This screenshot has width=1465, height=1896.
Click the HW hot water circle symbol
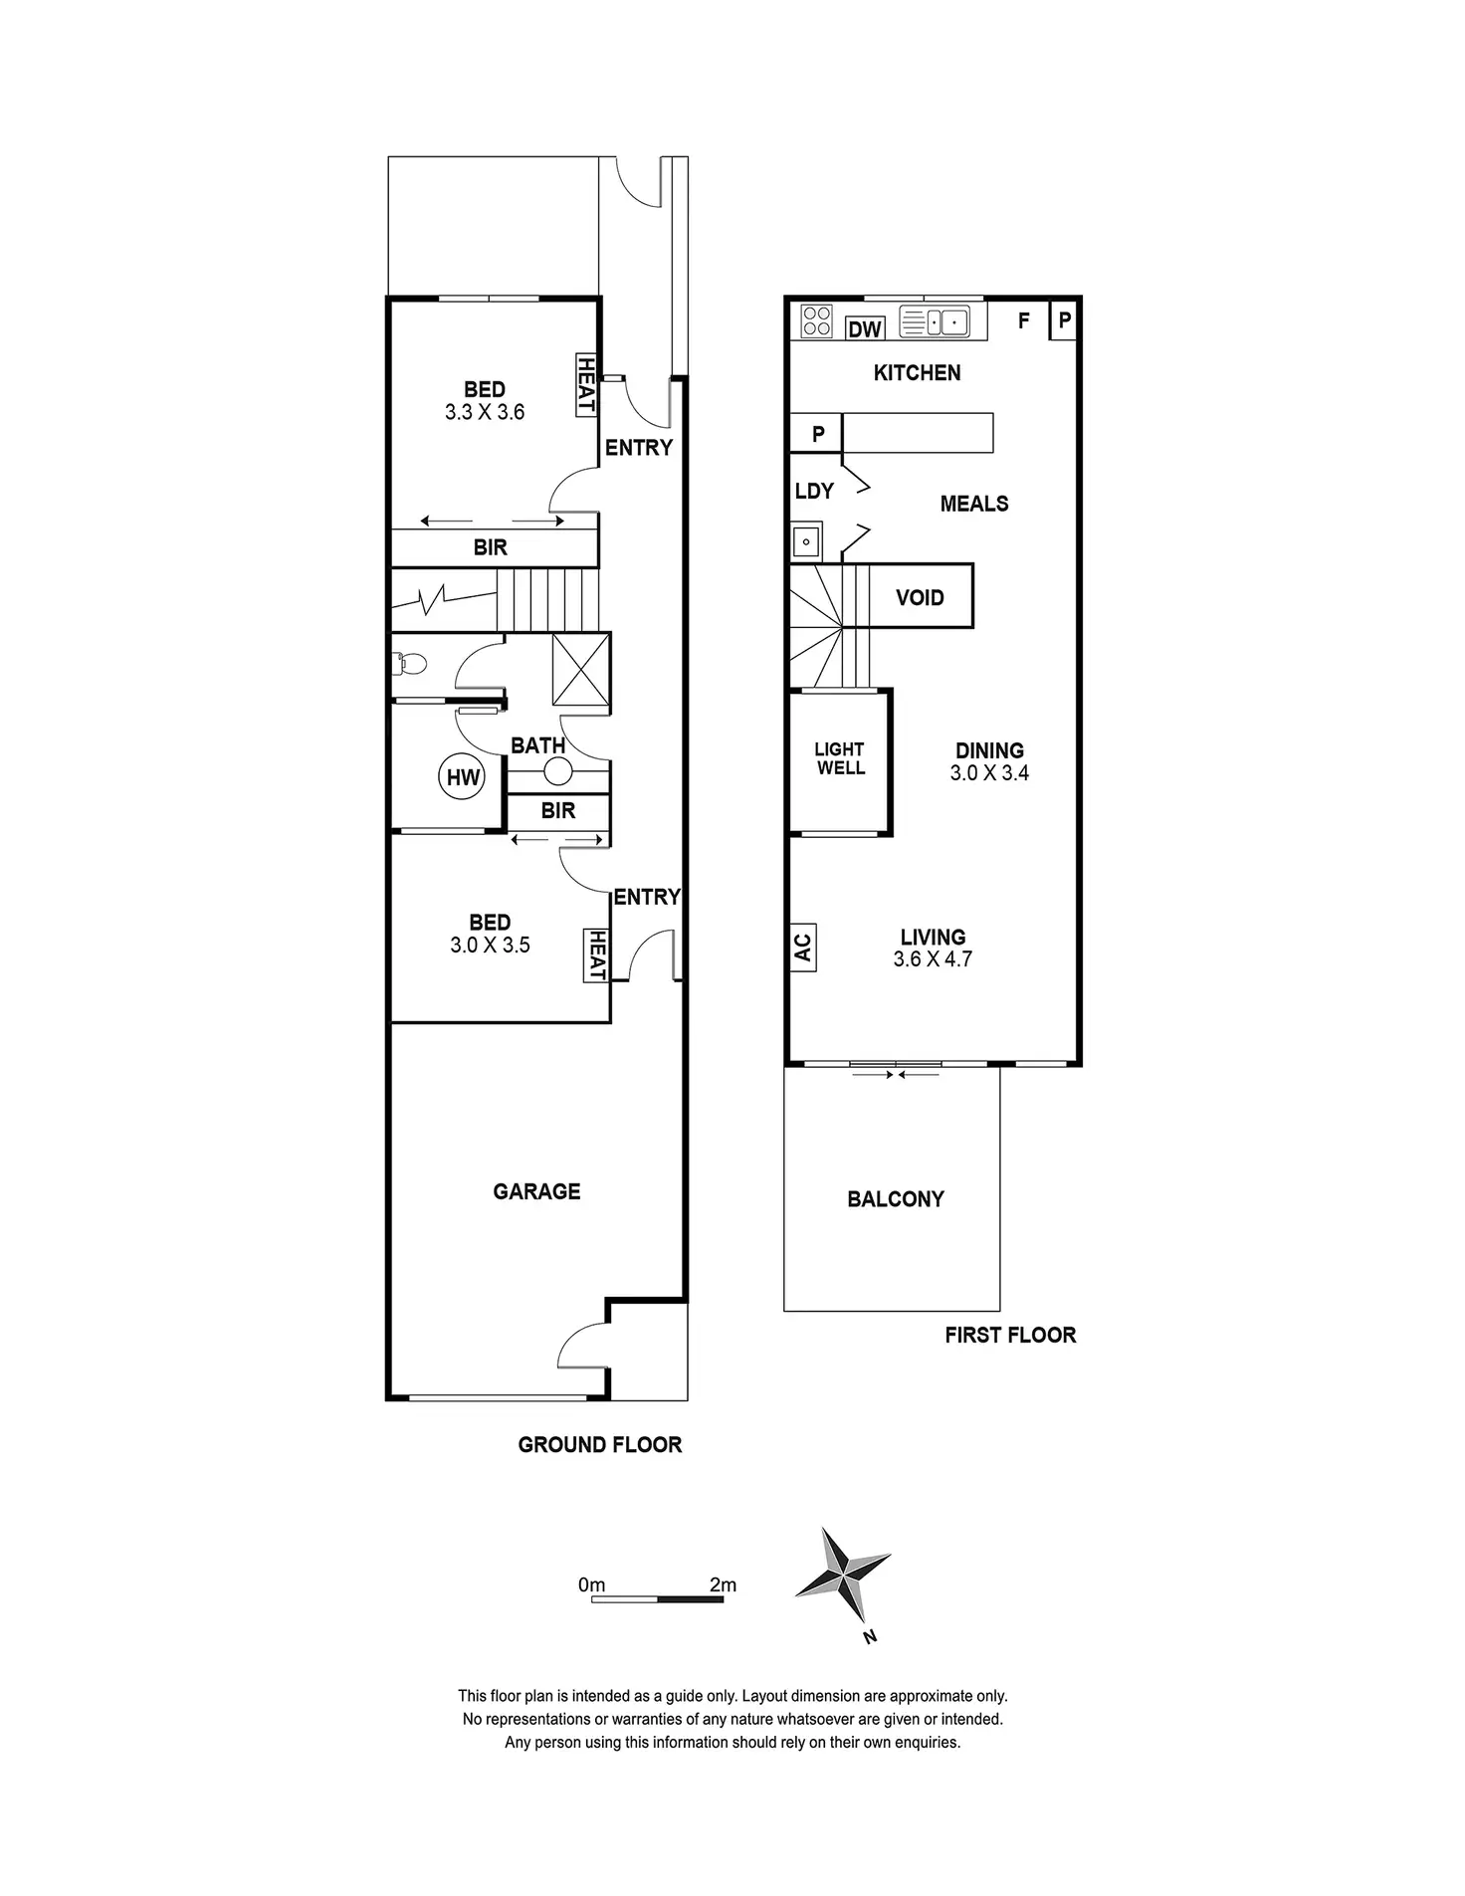463,777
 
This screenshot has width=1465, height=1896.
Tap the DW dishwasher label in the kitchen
865,328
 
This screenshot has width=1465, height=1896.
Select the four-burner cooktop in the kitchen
817,320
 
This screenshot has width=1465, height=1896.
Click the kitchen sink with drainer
934,321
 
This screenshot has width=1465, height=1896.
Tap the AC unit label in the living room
803,947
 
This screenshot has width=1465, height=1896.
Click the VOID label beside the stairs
920,597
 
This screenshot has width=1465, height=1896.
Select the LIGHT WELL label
840,758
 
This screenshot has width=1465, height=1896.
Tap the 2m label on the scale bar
723,1584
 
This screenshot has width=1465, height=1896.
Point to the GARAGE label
536,1191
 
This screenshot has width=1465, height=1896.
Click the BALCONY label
896,1199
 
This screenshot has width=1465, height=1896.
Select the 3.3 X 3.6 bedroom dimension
485,412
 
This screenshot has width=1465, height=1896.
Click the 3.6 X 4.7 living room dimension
933,959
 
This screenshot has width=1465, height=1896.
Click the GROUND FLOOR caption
600,1445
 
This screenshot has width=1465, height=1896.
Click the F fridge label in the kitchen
1023,320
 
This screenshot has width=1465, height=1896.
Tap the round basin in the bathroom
558,771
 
